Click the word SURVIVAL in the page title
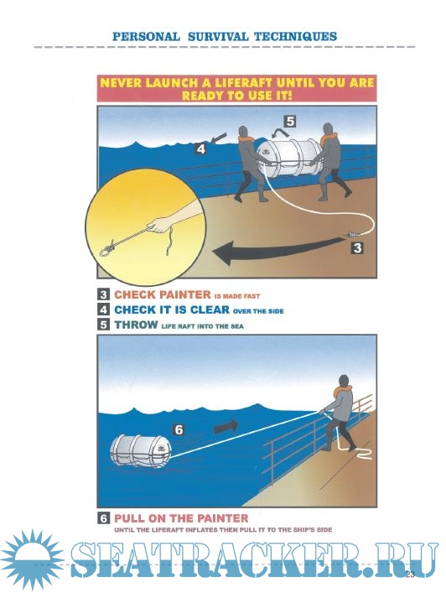[218, 37]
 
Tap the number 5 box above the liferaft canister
[290, 122]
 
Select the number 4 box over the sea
[201, 148]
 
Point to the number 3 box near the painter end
[357, 247]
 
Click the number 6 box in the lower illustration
[179, 429]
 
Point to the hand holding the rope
[158, 225]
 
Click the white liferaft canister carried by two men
[289, 158]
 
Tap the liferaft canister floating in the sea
[141, 452]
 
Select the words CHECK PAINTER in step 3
[163, 294]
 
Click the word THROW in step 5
[136, 325]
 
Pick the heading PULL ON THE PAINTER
[181, 518]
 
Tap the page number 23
[410, 575]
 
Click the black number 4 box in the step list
[104, 310]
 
